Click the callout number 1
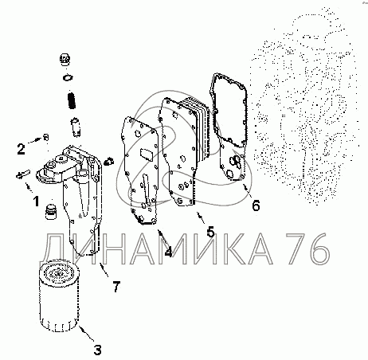click(36, 202)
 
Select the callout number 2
click(21, 149)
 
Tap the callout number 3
click(97, 350)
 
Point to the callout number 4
click(168, 252)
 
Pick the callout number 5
click(210, 232)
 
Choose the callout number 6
click(256, 205)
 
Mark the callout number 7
click(116, 287)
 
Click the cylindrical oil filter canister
click(59, 295)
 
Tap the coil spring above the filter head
click(72, 100)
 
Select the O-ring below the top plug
click(68, 78)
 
